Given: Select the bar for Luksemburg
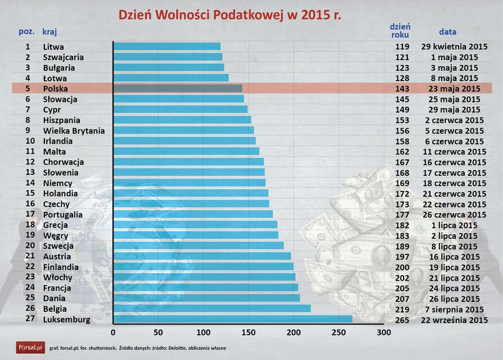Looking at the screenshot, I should tap(232, 319).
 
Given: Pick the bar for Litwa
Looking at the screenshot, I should tap(167, 46).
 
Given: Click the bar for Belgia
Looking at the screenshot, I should tap(212, 309).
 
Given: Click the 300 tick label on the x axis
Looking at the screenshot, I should tap(384, 332).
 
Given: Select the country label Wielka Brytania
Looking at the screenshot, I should tap(74, 131).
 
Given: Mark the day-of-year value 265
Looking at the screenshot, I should tap(402, 319).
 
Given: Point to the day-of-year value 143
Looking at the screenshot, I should tap(402, 88).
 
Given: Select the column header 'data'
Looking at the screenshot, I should tap(447, 31).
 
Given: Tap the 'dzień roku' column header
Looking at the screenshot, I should tap(400, 31).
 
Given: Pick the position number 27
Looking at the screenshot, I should tap(27, 319).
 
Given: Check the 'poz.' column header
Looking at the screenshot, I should tap(27, 31).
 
